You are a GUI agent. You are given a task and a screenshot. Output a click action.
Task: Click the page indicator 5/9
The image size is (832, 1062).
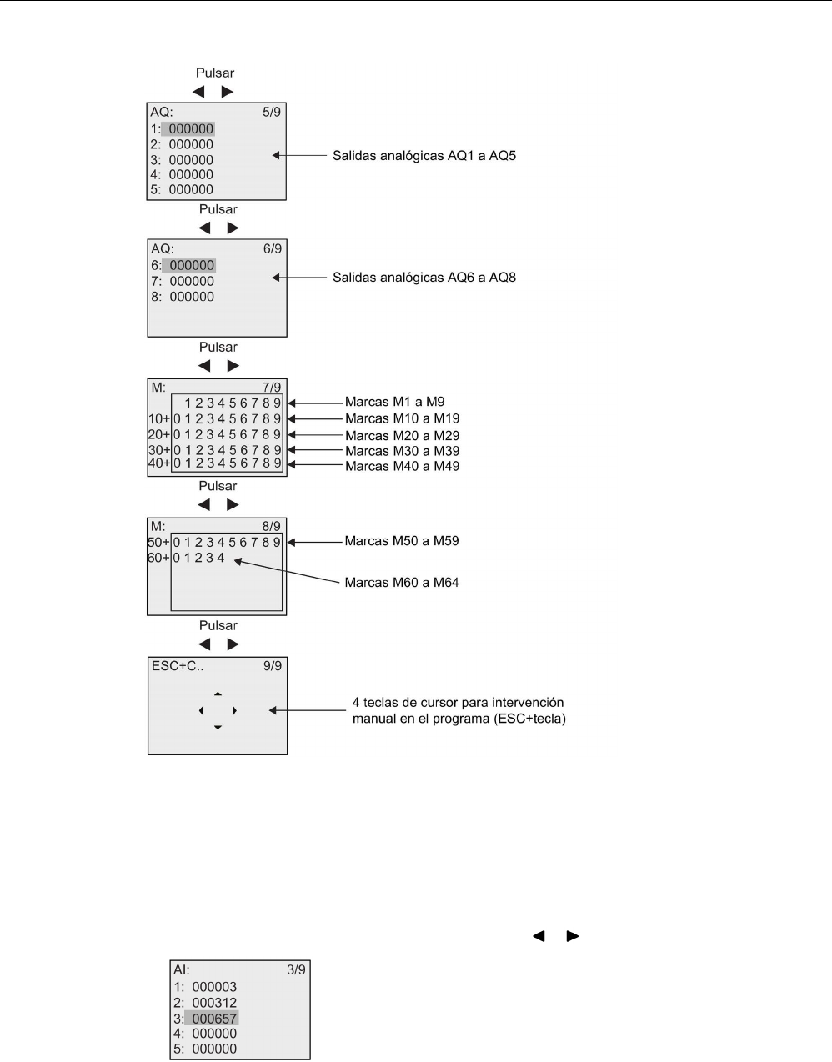(272, 111)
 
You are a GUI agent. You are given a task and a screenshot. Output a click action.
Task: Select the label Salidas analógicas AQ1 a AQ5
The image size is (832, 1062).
(424, 155)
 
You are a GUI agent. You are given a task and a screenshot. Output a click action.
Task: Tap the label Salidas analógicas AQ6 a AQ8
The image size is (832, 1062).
(424, 277)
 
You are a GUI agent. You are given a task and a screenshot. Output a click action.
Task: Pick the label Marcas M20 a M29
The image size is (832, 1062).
(402, 435)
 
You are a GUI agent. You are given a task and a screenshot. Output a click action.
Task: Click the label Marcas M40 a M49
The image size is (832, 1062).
(402, 466)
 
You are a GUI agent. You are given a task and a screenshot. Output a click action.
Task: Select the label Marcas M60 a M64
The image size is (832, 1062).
(402, 583)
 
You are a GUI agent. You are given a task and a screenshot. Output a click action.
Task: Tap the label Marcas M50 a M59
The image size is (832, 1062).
(402, 541)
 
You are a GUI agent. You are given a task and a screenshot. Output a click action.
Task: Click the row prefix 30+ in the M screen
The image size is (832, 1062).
(159, 451)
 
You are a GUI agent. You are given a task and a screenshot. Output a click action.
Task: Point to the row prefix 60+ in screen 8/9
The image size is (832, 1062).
(159, 557)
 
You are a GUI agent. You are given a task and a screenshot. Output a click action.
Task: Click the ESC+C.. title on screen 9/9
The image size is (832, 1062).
(178, 666)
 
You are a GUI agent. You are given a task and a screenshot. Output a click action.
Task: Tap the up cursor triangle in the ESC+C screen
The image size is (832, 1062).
(218, 694)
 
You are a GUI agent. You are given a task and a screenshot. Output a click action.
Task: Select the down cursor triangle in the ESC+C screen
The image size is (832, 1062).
(218, 728)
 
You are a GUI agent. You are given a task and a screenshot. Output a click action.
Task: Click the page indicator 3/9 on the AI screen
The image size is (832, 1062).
(296, 970)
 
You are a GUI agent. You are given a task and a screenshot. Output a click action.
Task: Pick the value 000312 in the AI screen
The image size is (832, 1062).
(214, 1003)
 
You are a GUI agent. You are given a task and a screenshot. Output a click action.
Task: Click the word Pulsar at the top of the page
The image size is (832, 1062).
(215, 73)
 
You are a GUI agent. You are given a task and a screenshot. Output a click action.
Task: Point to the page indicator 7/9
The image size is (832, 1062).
(272, 387)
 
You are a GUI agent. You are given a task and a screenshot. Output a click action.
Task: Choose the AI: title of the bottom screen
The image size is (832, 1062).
(182, 970)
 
